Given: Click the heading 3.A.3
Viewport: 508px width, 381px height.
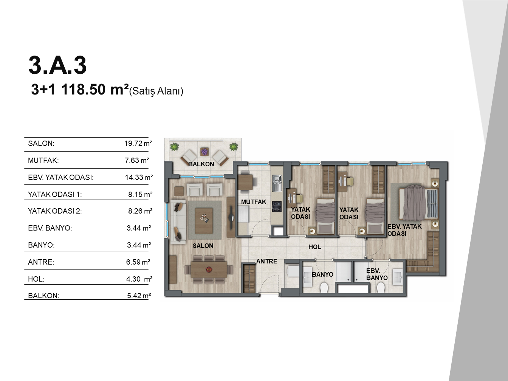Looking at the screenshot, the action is click(x=57, y=65).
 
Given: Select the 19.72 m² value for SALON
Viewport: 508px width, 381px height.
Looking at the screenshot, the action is click(x=138, y=143).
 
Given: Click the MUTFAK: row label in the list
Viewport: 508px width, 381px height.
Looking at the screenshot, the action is click(x=43, y=160).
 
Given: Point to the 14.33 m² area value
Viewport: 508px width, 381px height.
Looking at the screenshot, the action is click(x=139, y=177).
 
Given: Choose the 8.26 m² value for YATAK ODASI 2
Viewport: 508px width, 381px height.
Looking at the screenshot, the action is click(x=140, y=211).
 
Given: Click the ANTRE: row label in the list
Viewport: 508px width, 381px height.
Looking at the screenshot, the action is click(x=41, y=262).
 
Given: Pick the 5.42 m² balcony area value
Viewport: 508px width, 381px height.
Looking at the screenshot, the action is click(x=139, y=296).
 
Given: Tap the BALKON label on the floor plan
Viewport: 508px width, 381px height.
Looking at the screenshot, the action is click(x=201, y=164).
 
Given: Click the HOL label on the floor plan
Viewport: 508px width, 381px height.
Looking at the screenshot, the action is click(x=315, y=247).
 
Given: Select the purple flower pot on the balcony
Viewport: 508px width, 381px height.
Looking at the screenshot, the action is click(x=204, y=152).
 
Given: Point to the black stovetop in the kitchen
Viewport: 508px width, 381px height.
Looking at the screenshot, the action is click(x=277, y=207).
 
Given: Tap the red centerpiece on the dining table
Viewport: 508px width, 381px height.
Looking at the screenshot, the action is click(x=209, y=269).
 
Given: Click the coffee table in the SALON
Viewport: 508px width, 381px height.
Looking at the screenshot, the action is click(x=204, y=221).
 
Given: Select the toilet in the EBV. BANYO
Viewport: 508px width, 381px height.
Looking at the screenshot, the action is click(x=381, y=288).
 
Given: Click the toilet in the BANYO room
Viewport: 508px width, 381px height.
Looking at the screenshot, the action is click(x=324, y=288).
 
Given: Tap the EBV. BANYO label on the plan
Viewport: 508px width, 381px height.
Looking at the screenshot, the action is click(x=377, y=274).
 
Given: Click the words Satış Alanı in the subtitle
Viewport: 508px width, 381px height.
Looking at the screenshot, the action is click(x=156, y=91).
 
